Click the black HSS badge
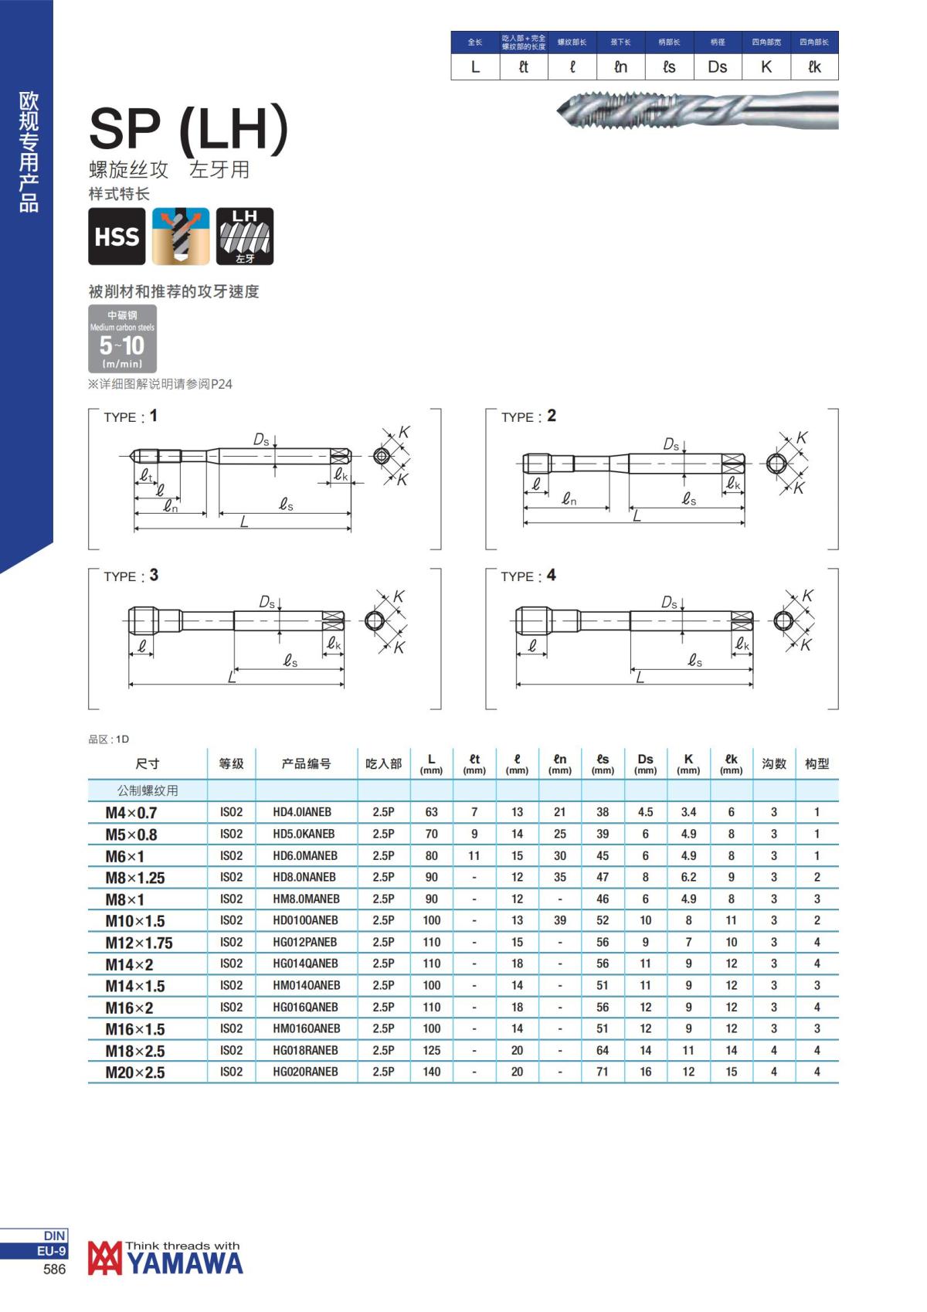[x=117, y=236]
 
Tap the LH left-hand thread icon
[x=245, y=236]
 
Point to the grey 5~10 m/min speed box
[x=122, y=338]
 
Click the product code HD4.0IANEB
[x=302, y=812]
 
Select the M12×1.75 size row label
[x=139, y=943]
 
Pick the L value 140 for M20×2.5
[x=432, y=1072]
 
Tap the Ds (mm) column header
[x=645, y=763]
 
